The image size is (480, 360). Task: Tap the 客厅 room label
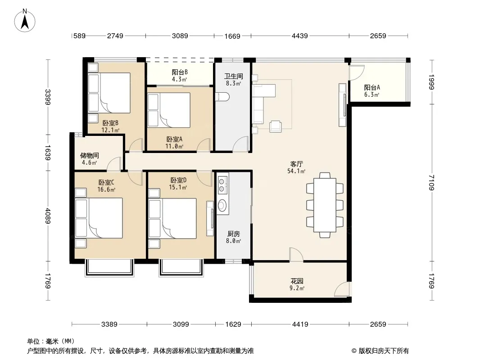(296, 164)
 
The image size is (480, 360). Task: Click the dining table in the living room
(325, 205)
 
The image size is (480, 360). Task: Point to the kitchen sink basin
(222, 205)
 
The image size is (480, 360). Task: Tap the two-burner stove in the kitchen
(222, 185)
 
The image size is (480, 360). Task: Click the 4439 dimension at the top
(300, 36)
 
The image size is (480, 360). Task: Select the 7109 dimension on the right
(431, 182)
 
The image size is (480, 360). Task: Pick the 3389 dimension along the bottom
(109, 324)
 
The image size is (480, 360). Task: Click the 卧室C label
(106, 182)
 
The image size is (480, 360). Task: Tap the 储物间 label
(90, 155)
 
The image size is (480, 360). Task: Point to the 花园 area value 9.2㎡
(297, 288)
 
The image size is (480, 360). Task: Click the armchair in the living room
(276, 126)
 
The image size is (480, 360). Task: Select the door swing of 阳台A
(357, 73)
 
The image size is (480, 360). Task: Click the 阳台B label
(180, 72)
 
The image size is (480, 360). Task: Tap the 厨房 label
(234, 234)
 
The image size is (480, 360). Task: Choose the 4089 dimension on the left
(48, 216)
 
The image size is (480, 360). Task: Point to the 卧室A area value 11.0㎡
(174, 146)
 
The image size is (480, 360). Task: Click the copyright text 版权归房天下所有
(384, 351)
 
